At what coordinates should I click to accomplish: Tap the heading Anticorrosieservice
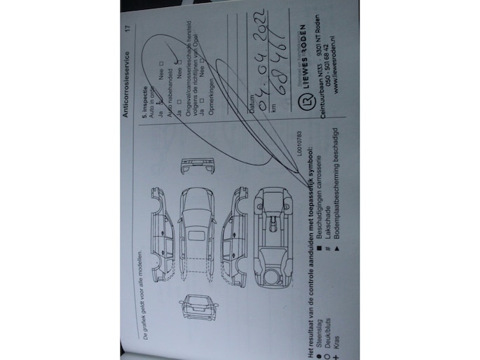pos(128,80)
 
